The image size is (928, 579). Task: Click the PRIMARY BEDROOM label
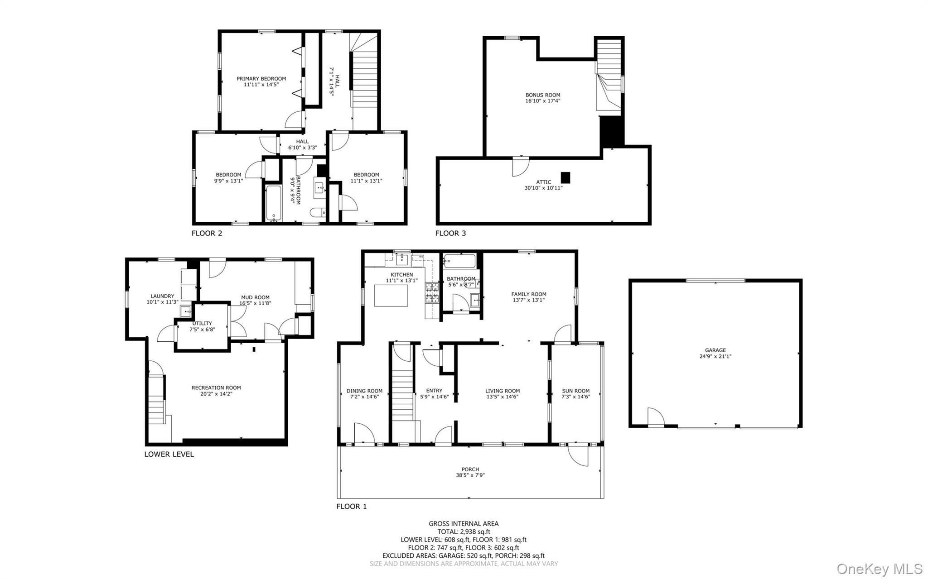click(261, 79)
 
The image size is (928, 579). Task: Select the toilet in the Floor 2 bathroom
click(317, 212)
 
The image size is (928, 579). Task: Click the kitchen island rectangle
click(391, 296)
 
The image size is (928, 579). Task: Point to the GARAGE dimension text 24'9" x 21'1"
click(715, 356)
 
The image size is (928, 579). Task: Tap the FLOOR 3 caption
click(450, 234)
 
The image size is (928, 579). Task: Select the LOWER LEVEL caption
click(169, 455)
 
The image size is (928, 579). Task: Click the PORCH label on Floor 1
click(470, 469)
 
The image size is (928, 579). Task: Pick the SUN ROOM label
click(575, 391)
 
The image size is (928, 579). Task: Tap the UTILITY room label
click(202, 323)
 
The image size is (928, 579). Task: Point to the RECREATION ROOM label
click(216, 388)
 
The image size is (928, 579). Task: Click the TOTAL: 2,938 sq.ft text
click(464, 532)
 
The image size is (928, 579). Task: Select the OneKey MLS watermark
click(879, 568)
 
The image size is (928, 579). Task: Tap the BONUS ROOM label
click(542, 95)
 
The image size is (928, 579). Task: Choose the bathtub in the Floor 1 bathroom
click(459, 261)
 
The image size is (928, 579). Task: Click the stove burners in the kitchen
click(432, 293)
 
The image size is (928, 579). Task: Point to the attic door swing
click(520, 167)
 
